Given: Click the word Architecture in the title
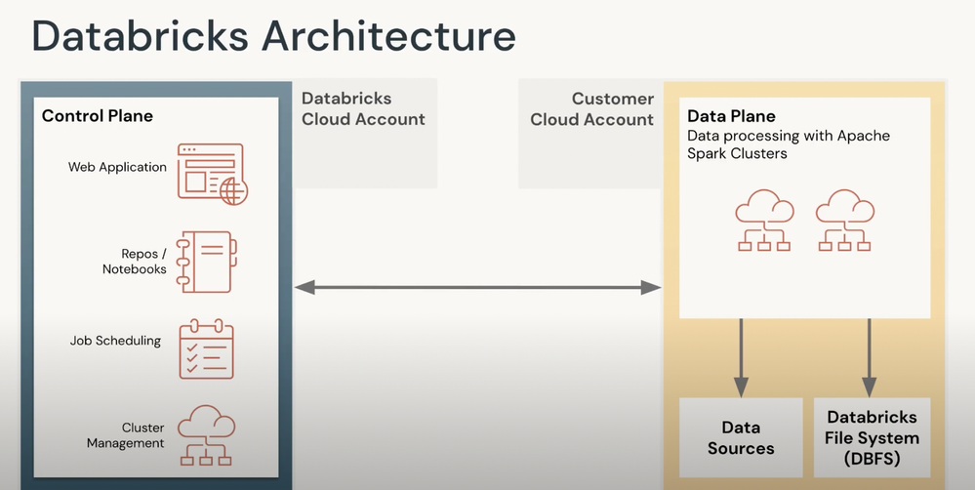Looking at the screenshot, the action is coord(388,36).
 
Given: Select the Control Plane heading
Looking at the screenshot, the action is coord(97,115).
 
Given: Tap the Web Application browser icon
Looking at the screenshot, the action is coord(213,174).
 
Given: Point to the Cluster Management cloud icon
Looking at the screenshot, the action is coord(207,435).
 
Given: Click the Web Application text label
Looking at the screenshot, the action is coord(117,167).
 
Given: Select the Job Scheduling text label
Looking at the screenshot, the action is coord(115,341).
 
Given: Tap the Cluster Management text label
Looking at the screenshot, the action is coord(126,435).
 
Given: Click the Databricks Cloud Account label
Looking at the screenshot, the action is coord(363,108).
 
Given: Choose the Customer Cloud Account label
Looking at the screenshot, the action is coord(592,108).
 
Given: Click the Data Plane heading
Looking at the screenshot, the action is coord(731,116).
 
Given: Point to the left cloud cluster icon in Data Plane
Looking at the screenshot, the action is coord(764,221).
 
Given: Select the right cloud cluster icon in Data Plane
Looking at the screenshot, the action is coord(844,221).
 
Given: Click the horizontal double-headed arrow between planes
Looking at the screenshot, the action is coord(477,287).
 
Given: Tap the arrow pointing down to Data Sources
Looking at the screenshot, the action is coord(740,357).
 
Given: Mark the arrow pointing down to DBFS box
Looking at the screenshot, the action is coord(869,357).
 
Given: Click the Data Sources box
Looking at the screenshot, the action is coord(741,437).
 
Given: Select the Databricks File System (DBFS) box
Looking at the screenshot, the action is coord(872,437).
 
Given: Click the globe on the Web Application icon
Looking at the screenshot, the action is coord(234,191).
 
